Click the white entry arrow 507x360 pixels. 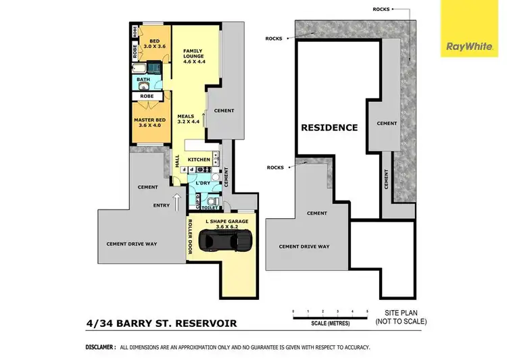click(x=177, y=201)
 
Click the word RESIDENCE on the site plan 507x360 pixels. click(x=329, y=127)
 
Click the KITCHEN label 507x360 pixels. click(x=199, y=159)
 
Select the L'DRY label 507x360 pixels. click(x=203, y=183)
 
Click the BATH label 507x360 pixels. click(x=143, y=80)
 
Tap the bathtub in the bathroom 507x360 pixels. click(x=143, y=70)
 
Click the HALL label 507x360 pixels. click(x=177, y=162)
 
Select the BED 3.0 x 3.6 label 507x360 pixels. click(x=155, y=45)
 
